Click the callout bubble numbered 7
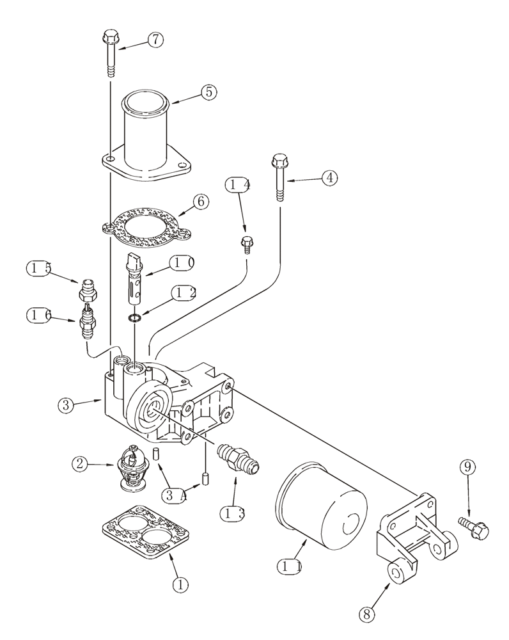pyautogui.click(x=155, y=40)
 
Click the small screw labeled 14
pyautogui.click(x=246, y=244)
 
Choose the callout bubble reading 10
pyautogui.click(x=182, y=262)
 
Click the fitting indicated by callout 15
pyautogui.click(x=87, y=291)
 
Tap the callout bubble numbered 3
pyautogui.click(x=65, y=404)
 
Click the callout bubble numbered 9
pyautogui.click(x=467, y=468)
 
